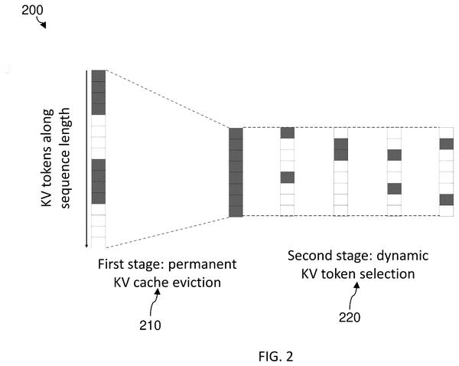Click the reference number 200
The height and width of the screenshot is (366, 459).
(x=32, y=10)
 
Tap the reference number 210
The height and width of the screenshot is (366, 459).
(x=150, y=325)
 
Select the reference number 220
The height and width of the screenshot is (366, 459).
(x=350, y=317)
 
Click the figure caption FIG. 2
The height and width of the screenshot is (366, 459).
(x=275, y=356)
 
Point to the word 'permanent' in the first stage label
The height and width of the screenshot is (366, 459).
(x=202, y=265)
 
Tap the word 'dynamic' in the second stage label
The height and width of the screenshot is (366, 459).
(x=402, y=257)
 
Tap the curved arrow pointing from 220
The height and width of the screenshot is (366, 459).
(x=353, y=296)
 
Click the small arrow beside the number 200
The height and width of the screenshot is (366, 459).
(x=41, y=22)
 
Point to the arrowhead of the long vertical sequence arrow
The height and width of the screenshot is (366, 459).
(x=86, y=246)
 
